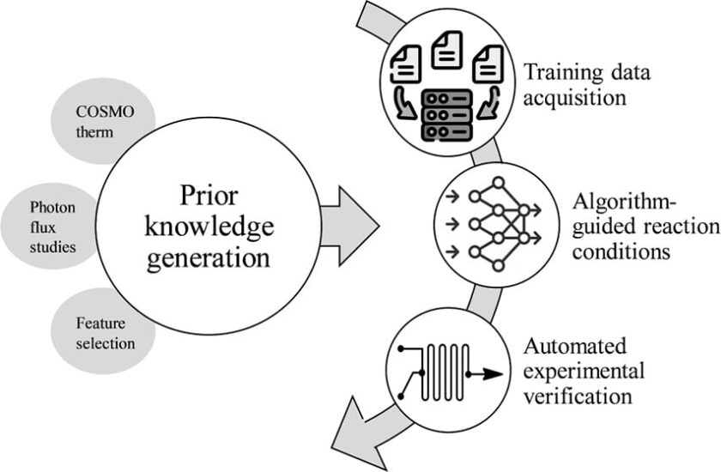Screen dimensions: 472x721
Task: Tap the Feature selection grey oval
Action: pyautogui.click(x=93, y=335)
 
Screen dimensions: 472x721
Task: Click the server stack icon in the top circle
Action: pyautogui.click(x=446, y=117)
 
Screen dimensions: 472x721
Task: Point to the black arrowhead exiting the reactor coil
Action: pyautogui.click(x=492, y=373)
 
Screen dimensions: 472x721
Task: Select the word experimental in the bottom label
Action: pyautogui.click(x=585, y=372)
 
